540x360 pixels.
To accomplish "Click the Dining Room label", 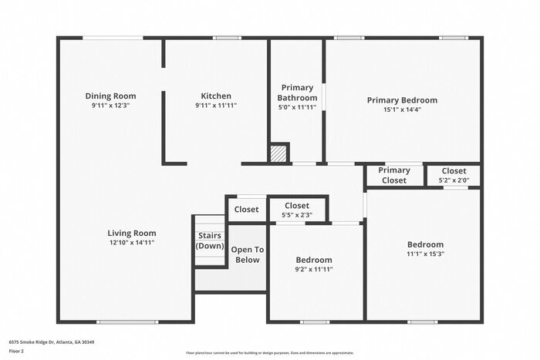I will (x=110, y=96).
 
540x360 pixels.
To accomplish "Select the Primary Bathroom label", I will (x=297, y=93).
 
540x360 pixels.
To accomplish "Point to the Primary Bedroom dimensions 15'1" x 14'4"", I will (x=401, y=109).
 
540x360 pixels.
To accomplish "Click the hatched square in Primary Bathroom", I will (x=278, y=153).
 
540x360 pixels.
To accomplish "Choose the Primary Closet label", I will (x=394, y=175).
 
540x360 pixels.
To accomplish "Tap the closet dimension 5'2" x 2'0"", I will (x=454, y=180).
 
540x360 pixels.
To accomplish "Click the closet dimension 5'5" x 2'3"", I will (x=297, y=215).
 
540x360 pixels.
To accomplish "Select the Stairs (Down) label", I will (x=209, y=241).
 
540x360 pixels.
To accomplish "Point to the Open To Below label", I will (x=248, y=254).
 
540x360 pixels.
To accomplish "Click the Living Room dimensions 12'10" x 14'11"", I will (x=132, y=243).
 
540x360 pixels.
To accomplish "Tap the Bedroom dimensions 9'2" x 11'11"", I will (x=314, y=269).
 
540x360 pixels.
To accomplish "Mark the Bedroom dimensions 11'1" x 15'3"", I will (x=425, y=254).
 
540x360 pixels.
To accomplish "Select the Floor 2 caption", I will (x=17, y=350).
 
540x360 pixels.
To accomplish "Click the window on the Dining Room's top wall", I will (x=112, y=37).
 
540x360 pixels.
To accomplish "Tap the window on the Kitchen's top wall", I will (x=227, y=37).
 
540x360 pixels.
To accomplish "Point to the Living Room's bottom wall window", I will (x=121, y=321).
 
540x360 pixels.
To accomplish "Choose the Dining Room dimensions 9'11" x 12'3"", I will (x=110, y=106).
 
